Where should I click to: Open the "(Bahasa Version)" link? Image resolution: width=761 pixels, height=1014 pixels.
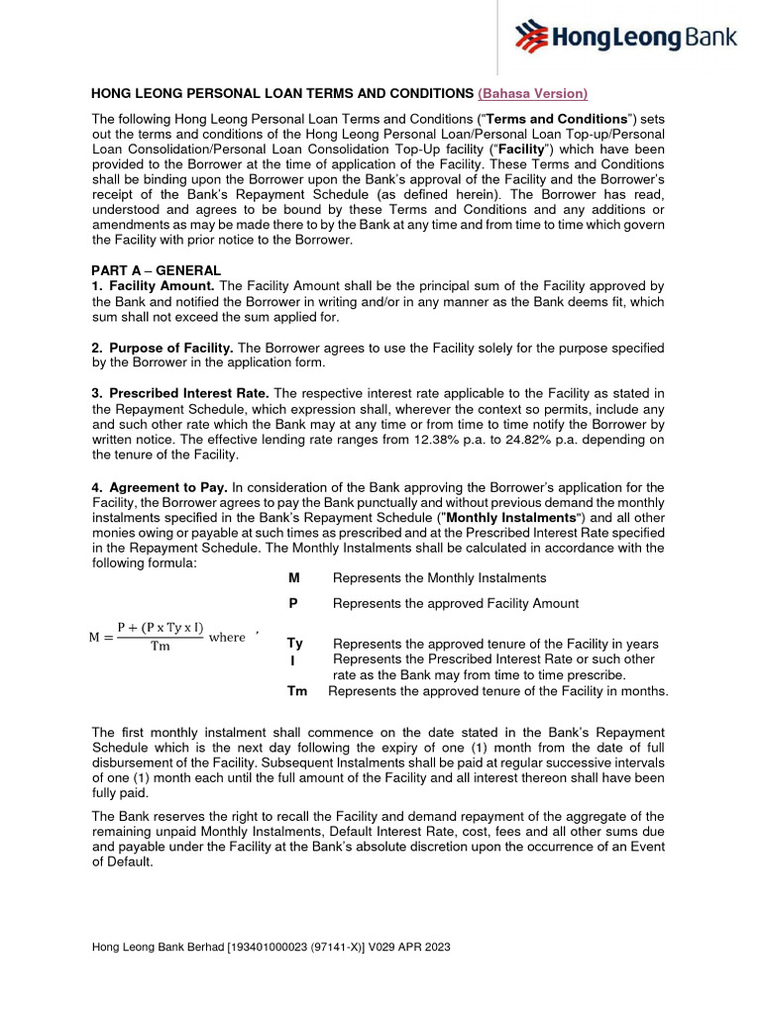[532, 93]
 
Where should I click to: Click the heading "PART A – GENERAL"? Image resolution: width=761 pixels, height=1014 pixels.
[156, 270]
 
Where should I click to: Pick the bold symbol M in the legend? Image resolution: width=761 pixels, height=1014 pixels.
[293, 578]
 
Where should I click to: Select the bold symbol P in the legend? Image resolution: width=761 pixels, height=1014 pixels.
[293, 603]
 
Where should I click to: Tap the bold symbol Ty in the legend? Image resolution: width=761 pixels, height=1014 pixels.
[295, 644]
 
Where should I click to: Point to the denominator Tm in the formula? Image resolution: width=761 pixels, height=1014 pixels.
[160, 648]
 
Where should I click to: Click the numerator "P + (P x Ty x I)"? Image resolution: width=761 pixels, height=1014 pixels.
[160, 627]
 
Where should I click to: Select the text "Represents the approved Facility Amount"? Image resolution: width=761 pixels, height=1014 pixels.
[456, 603]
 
